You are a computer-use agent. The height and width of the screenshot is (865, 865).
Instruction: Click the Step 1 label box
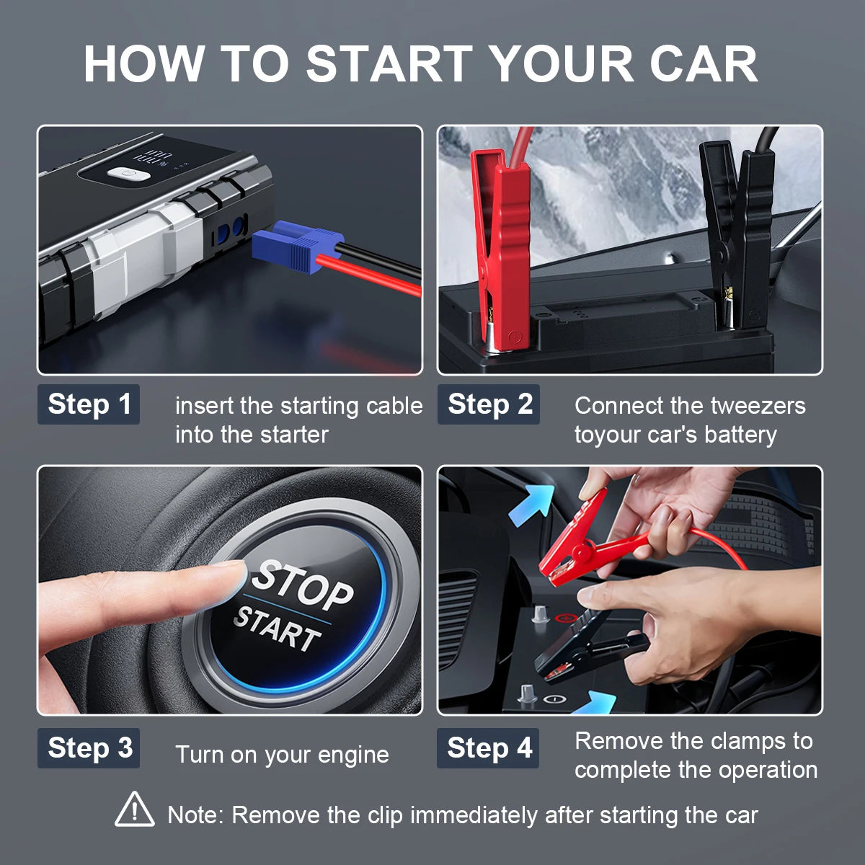pyautogui.click(x=89, y=405)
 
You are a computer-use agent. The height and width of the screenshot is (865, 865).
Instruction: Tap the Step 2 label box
pyautogui.click(x=489, y=405)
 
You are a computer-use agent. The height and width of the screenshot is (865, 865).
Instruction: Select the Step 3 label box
pyautogui.click(x=89, y=748)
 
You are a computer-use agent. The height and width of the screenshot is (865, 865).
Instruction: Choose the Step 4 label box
pyautogui.click(x=488, y=748)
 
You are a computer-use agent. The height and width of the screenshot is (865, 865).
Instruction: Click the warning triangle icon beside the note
pyautogui.click(x=135, y=810)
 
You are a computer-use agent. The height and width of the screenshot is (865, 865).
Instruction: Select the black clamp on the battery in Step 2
pyautogui.click(x=739, y=231)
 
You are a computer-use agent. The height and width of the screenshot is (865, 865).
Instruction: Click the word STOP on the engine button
pyautogui.click(x=303, y=585)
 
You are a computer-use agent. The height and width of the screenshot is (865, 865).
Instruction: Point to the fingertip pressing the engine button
pyautogui.click(x=231, y=577)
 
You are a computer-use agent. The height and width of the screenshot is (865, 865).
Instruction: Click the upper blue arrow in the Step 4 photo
pyautogui.click(x=531, y=505)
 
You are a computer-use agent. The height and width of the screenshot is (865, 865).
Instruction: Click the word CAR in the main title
pyautogui.click(x=703, y=65)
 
